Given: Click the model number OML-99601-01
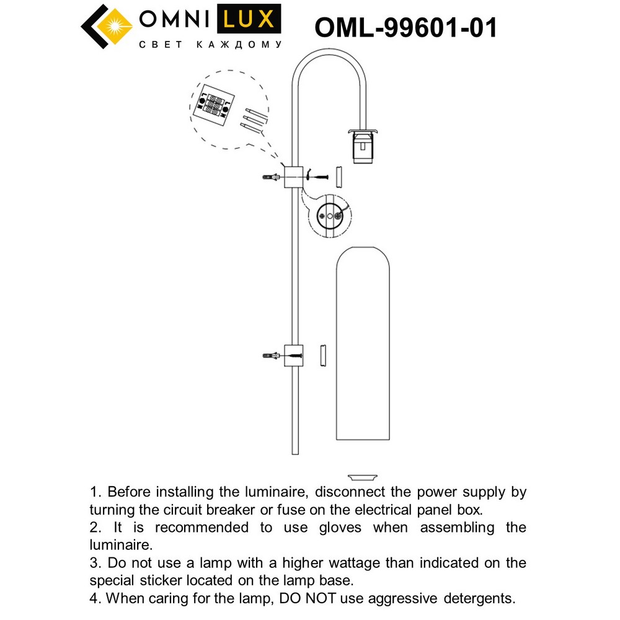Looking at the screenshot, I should coord(406,27).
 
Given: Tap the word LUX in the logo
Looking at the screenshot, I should coord(246,20).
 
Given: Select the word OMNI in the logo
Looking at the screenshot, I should coord(174,20).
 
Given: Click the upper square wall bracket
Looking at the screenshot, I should coord(292,177).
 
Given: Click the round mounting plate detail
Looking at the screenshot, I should coord(329,216).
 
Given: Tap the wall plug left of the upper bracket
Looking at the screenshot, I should coord(271,177).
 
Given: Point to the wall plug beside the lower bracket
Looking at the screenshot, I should coord(271,356).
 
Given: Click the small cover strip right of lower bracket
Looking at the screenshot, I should coord(322,356).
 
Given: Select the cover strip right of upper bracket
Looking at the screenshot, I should coord(339,177).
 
